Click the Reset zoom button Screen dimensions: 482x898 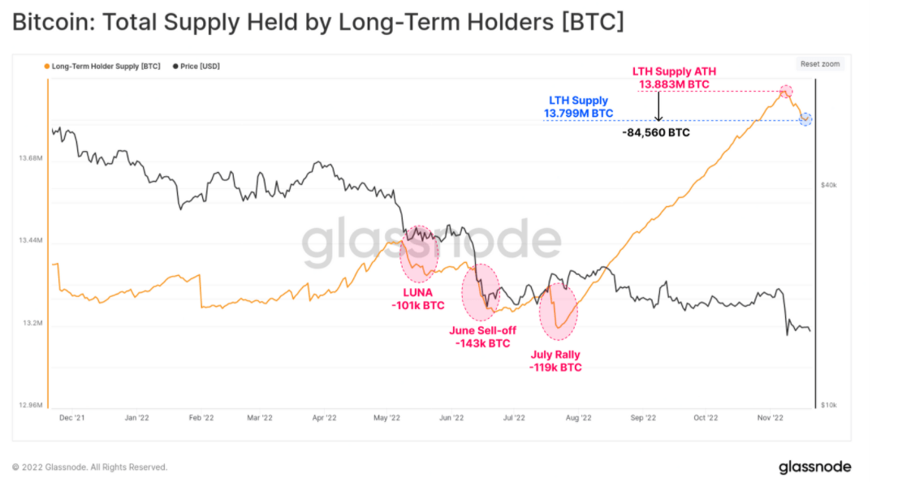coord(820,64)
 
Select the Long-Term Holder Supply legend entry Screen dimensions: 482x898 coord(103,66)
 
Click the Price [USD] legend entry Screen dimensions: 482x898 coord(199,66)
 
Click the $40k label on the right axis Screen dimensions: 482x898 coord(828,186)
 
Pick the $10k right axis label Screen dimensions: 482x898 coord(828,405)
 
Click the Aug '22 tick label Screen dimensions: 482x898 coord(578,419)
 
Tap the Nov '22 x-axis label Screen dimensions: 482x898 coord(771,419)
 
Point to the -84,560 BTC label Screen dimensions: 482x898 coord(656,132)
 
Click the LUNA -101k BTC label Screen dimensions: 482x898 coord(418,299)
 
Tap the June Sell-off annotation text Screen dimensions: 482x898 coord(482,337)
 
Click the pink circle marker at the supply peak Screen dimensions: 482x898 coord(785,91)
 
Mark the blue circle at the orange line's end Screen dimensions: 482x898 coord(805,119)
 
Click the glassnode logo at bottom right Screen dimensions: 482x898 coord(814,467)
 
